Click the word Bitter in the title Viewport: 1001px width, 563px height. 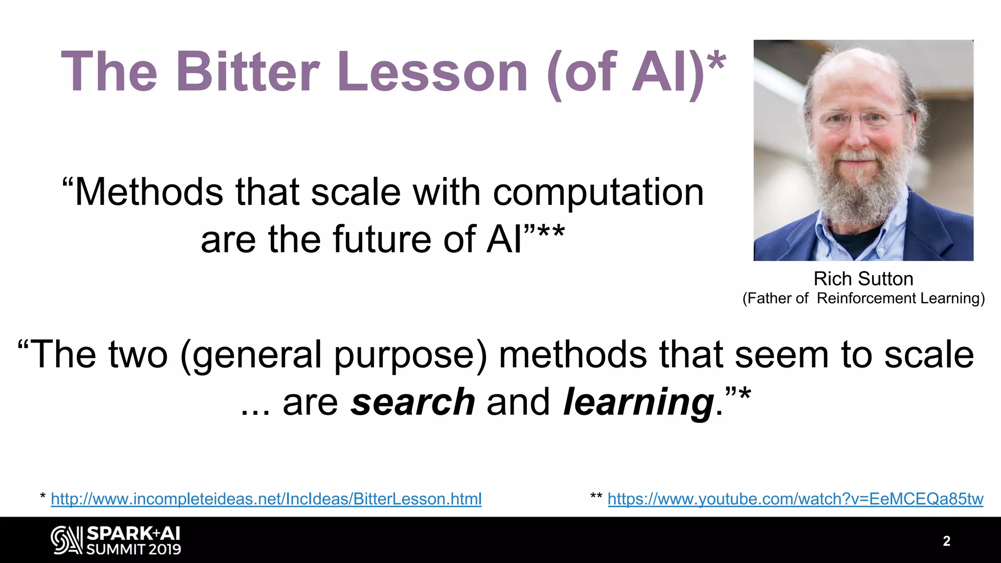coord(248,72)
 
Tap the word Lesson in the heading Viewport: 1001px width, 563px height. coord(432,72)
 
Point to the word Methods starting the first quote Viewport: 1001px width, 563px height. coord(149,193)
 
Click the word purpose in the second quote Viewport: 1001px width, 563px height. coord(405,356)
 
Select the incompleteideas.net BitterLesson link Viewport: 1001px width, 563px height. coord(266,499)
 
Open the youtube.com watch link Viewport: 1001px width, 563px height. coord(795,499)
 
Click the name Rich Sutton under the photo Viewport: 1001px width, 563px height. coord(863,279)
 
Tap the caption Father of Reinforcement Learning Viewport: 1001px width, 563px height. coord(863,298)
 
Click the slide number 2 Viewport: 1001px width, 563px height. coord(946,541)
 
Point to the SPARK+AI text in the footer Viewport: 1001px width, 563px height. coord(133,533)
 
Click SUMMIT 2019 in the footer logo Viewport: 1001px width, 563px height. coord(133,549)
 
